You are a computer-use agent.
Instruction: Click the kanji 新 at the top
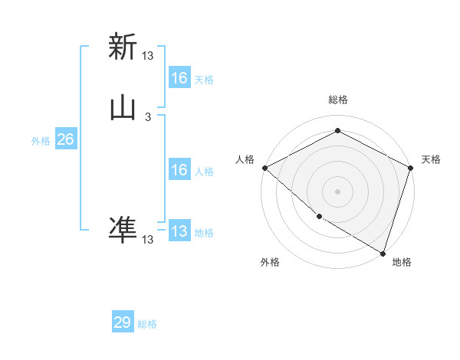point(123,47)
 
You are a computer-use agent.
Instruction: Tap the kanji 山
point(123,109)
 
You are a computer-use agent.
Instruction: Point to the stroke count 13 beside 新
point(148,55)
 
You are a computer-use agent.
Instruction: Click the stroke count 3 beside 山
point(148,117)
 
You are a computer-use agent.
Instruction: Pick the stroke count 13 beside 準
point(148,240)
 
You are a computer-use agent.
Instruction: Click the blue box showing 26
point(65,139)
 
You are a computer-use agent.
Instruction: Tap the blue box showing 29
point(123,322)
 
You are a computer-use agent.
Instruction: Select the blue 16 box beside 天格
point(179,77)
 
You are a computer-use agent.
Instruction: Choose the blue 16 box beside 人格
point(179,170)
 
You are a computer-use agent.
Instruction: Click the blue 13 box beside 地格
point(179,231)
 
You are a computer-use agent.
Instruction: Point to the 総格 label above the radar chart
point(338,100)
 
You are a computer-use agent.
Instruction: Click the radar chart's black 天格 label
point(431,159)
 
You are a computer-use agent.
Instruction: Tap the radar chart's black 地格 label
point(402,262)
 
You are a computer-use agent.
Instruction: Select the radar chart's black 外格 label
point(270,262)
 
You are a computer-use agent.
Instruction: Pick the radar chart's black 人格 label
point(245,159)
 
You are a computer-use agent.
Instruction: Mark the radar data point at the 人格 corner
point(264,167)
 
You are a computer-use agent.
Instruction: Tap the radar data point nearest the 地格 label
point(383,252)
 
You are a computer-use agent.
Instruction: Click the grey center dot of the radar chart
point(338,191)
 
